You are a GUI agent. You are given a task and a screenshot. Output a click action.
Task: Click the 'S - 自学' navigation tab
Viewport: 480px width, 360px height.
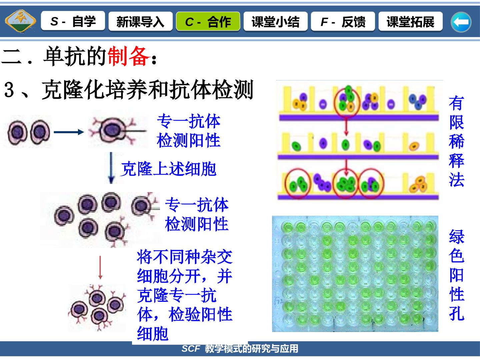point(73,21)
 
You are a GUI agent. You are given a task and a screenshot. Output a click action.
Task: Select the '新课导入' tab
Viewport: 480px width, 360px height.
point(140,21)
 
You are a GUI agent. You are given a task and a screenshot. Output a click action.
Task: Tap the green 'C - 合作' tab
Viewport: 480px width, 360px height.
point(208,21)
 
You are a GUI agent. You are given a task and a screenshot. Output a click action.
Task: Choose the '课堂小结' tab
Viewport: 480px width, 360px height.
point(276,21)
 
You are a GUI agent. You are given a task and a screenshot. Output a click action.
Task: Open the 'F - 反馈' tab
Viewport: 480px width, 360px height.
point(343,21)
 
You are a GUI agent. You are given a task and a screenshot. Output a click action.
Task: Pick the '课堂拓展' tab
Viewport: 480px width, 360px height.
point(410,21)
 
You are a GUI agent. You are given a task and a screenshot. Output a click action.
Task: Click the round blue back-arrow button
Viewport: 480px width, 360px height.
point(461,22)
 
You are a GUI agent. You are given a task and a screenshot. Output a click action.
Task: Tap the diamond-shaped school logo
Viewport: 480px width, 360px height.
point(21,21)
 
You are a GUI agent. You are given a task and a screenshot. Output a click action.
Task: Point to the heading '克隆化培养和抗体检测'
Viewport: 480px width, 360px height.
point(148,89)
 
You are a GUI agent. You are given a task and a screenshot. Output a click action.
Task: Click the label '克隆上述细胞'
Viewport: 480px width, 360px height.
point(169,169)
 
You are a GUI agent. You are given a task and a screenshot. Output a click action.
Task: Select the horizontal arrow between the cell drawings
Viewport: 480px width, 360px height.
point(69,132)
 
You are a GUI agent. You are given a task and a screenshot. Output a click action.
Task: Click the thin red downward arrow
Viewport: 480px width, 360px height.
point(100,267)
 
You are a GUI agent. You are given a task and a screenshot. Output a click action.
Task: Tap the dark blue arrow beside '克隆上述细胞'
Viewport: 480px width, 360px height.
point(111,168)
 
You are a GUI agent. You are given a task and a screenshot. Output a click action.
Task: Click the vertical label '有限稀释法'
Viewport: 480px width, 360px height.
point(456,141)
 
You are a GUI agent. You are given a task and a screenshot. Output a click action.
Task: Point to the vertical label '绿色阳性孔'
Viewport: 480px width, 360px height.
point(457,275)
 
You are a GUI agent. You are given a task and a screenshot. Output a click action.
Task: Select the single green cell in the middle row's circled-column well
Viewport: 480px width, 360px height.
point(345,144)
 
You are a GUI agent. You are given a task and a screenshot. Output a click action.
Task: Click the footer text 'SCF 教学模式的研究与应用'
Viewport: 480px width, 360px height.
point(240,349)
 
